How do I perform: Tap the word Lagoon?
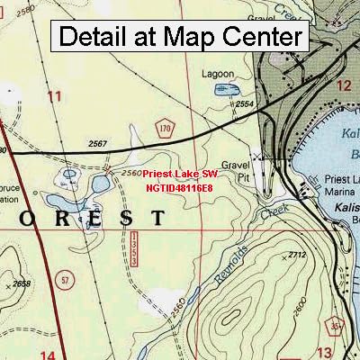(217, 75)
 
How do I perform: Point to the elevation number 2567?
(99, 144)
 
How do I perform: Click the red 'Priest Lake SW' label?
(179, 174)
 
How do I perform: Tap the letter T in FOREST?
(157, 218)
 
